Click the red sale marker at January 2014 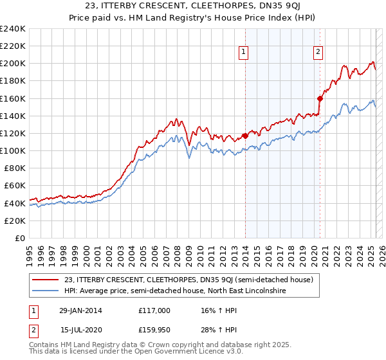(x=245, y=136)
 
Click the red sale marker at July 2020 (x=320, y=98)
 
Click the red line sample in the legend (x=46, y=280)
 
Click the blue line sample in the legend (x=46, y=291)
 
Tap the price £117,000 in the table (x=153, y=310)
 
